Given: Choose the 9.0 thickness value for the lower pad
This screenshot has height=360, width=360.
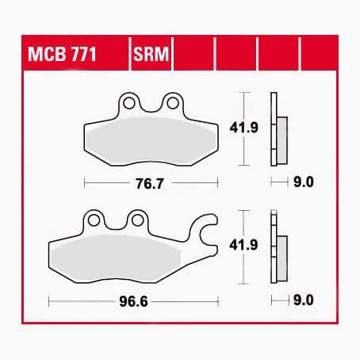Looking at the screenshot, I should coord(304,301).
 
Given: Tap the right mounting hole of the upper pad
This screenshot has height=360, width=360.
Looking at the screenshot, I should coord(169,101).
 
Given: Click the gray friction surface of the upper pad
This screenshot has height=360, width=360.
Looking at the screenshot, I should coord(149,140).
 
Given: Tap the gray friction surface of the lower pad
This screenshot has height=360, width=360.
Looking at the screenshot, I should coord(127,256).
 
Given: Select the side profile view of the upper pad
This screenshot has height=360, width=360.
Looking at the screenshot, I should coord(278,129).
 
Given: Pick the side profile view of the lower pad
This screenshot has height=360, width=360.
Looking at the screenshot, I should coord(278,249).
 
